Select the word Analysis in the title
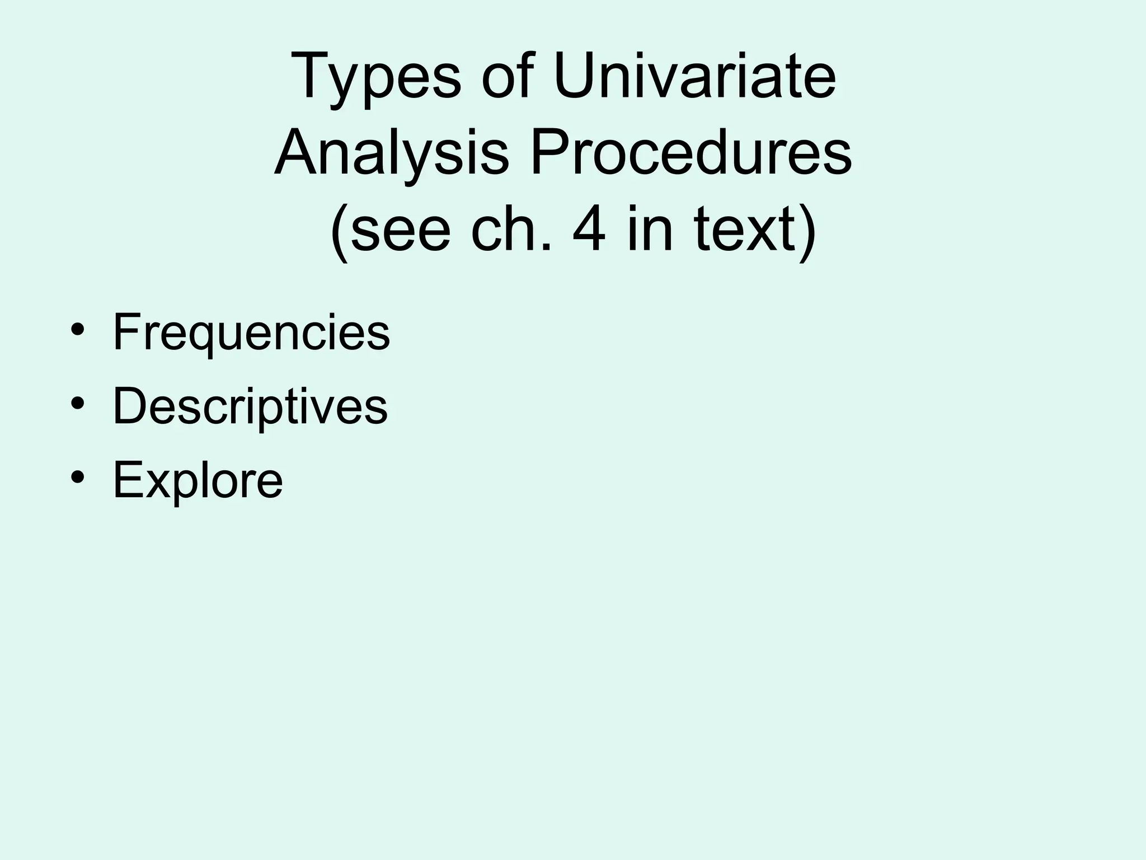(392, 153)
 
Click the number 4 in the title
(589, 230)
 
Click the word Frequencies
(251, 334)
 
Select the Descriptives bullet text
(250, 407)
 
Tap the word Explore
(198, 480)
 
